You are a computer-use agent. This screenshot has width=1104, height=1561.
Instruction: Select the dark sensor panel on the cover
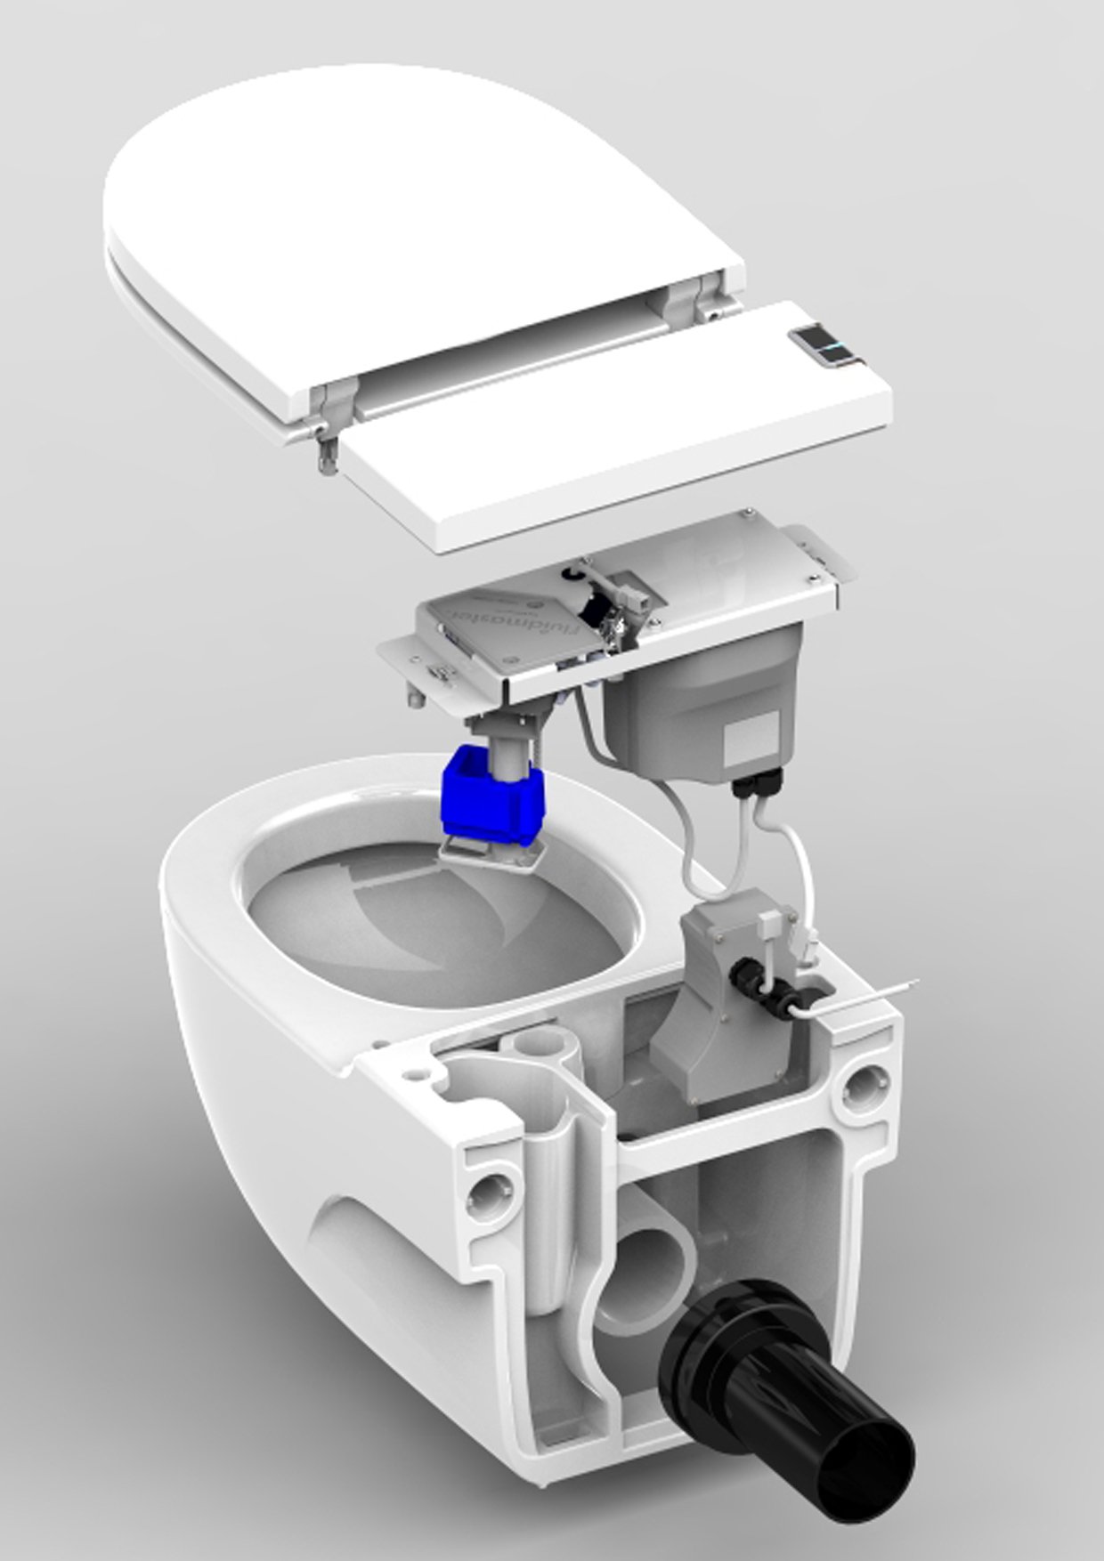pyautogui.click(x=820, y=347)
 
